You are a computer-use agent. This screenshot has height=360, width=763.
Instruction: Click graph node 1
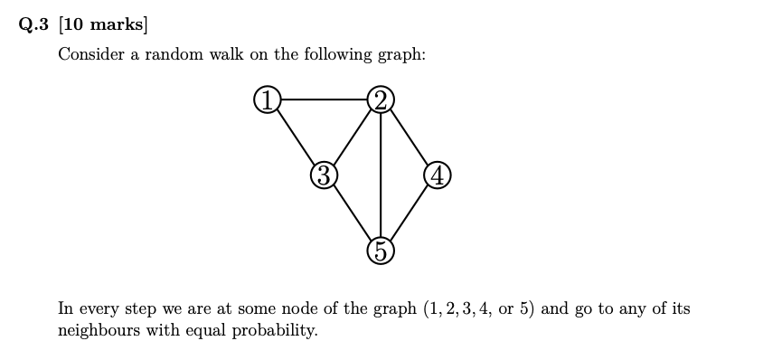click(267, 99)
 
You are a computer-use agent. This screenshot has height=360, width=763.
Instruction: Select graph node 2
click(381, 99)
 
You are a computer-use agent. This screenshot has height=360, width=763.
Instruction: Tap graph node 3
click(324, 175)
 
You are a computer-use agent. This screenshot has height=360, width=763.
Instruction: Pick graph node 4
click(438, 175)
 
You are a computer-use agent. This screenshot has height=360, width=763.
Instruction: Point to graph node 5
click(381, 251)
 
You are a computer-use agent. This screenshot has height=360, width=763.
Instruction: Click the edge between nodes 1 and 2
click(324, 99)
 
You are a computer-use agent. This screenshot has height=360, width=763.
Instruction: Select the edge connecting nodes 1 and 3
click(295, 137)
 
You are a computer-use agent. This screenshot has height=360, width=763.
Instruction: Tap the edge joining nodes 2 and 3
click(353, 137)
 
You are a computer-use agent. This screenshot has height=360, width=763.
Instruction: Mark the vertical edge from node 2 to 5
click(381, 175)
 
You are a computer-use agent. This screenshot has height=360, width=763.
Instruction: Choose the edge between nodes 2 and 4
click(410, 137)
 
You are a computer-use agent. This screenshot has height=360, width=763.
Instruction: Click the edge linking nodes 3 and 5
click(353, 213)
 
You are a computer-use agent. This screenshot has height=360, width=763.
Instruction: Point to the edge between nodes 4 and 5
click(410, 213)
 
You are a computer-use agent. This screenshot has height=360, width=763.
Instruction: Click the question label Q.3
click(34, 25)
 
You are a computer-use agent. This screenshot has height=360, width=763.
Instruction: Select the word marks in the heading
click(115, 25)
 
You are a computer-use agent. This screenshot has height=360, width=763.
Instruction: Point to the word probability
click(273, 330)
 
